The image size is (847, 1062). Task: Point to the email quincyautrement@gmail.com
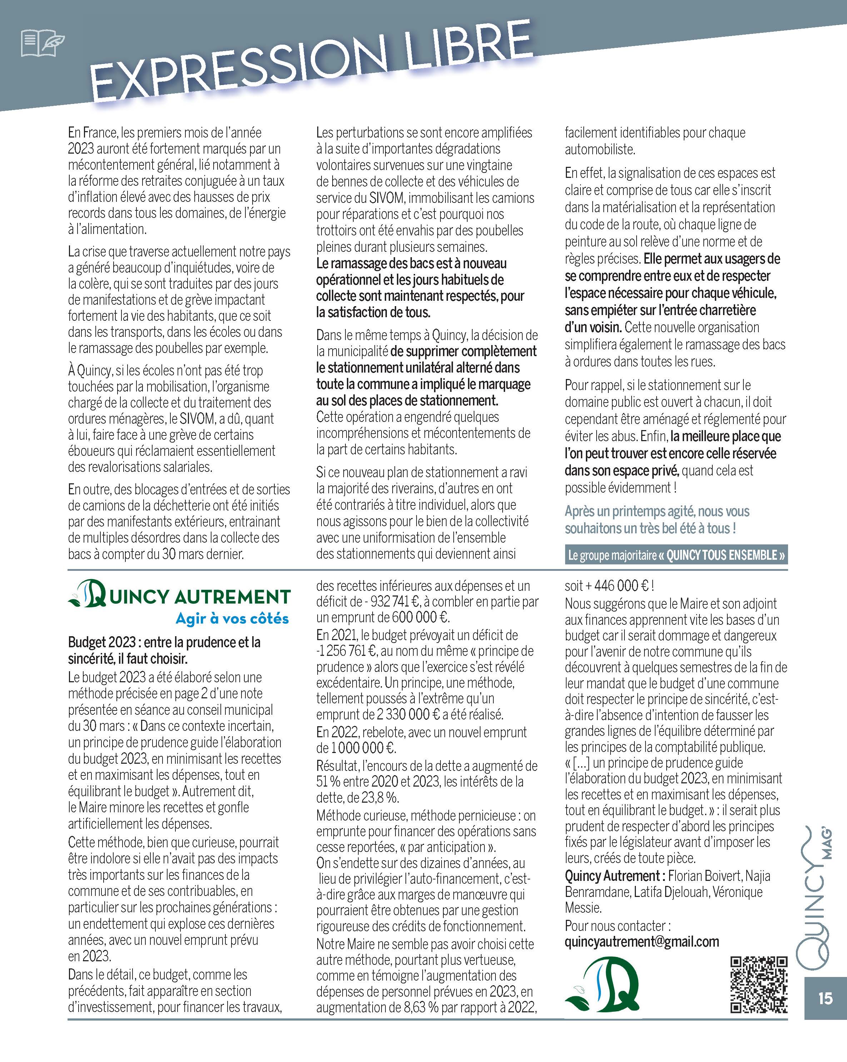click(642, 942)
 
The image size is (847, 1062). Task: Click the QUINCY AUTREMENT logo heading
click(179, 596)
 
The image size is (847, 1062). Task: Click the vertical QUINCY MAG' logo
click(816, 901)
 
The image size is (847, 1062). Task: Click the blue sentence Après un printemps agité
click(657, 520)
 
